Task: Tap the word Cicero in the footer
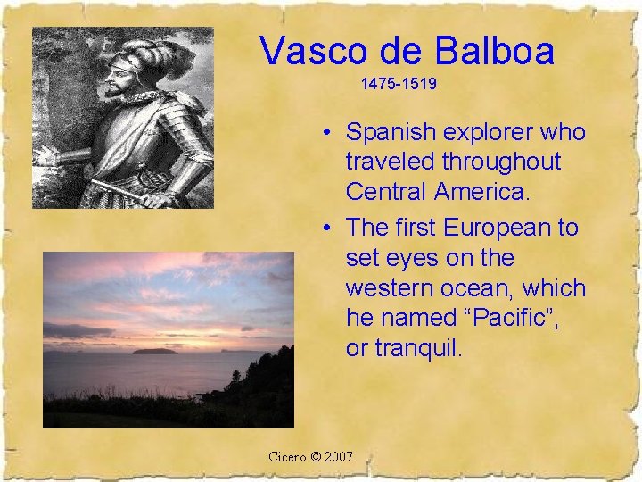pos(288,457)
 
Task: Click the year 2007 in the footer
pos(339,457)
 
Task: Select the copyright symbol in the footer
pos(316,457)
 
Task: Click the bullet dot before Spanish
pos(329,134)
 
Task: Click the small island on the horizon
pos(153,351)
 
